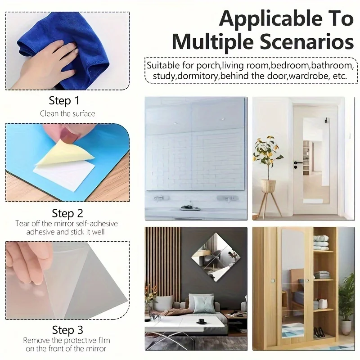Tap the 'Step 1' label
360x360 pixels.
pyautogui.click(x=64, y=100)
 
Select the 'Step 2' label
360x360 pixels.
pyautogui.click(x=67, y=213)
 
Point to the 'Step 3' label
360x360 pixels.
pyautogui.click(x=67, y=330)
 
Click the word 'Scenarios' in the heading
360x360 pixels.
pyautogui.click(x=306, y=42)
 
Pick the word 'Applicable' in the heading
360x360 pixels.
pyautogui.click(x=273, y=19)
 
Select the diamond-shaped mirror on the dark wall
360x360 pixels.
pyautogui.click(x=216, y=257)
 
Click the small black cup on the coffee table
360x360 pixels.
pyautogui.click(x=202, y=321)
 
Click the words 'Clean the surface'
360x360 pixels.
pyautogui.click(x=67, y=113)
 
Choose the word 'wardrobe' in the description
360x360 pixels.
pyautogui.click(x=309, y=76)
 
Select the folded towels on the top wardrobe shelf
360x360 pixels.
pyautogui.click(x=321, y=243)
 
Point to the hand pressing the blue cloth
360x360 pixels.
pyautogui.click(x=46, y=64)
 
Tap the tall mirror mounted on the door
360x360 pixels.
pyautogui.click(x=316, y=161)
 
